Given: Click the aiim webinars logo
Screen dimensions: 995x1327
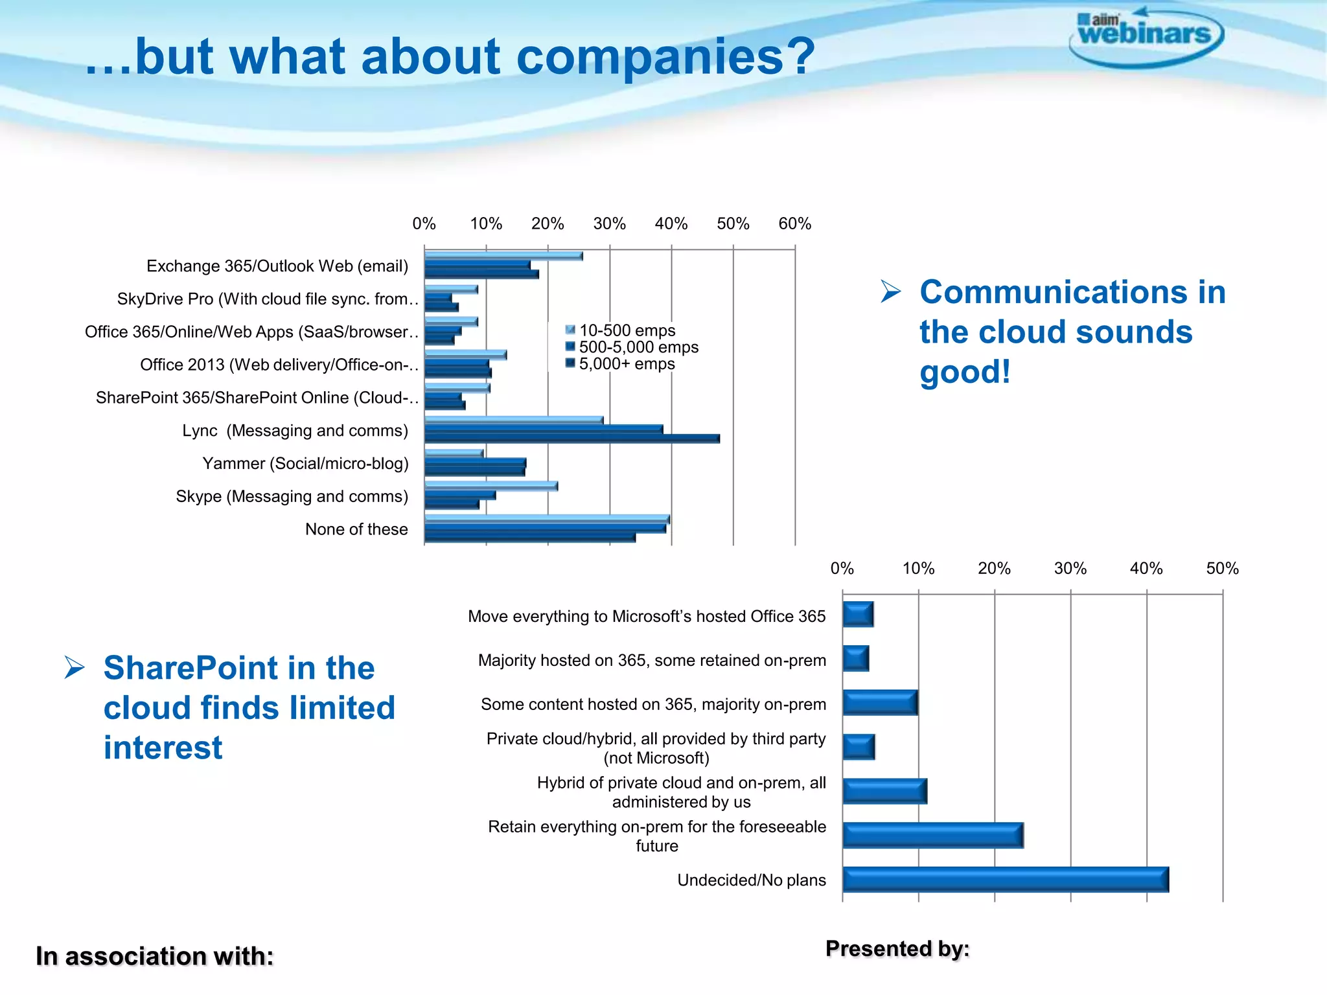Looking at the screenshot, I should click(x=1146, y=36).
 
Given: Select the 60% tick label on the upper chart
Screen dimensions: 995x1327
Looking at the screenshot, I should click(x=794, y=224).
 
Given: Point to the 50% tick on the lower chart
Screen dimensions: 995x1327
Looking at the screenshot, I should click(x=1222, y=569).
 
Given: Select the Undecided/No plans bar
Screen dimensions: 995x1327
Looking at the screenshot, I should click(x=1005, y=880).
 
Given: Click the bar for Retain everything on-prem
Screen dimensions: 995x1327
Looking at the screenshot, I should click(x=932, y=836).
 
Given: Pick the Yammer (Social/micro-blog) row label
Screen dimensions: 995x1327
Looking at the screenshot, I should click(x=305, y=464).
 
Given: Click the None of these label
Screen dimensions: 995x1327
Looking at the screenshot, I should click(x=356, y=530).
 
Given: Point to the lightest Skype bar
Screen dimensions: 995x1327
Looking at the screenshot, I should click(x=491, y=486).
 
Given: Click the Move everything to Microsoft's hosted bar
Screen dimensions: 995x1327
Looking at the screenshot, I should click(x=858, y=614).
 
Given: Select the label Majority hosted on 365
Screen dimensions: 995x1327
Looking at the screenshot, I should click(x=652, y=661).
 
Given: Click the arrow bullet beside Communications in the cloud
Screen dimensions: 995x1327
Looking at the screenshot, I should click(x=891, y=292).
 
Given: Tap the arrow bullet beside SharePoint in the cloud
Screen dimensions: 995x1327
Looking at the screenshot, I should click(x=75, y=668).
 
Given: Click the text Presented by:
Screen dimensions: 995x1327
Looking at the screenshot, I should click(x=897, y=949).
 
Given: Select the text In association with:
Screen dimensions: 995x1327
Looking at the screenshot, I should click(x=155, y=957).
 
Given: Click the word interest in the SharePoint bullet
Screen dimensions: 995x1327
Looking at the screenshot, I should click(x=163, y=748).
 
